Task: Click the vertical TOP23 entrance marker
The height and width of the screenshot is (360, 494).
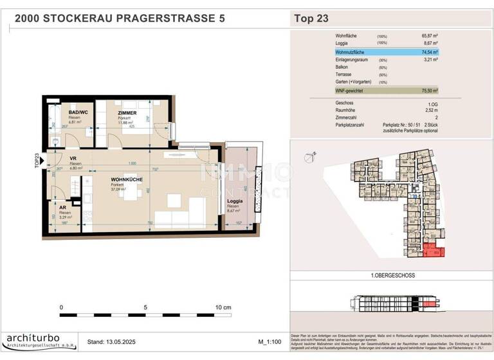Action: point(37,159)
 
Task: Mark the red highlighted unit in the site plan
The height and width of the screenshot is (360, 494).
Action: point(432,252)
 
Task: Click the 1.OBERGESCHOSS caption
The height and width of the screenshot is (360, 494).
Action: point(392,275)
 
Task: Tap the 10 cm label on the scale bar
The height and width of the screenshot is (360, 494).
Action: point(223,308)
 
